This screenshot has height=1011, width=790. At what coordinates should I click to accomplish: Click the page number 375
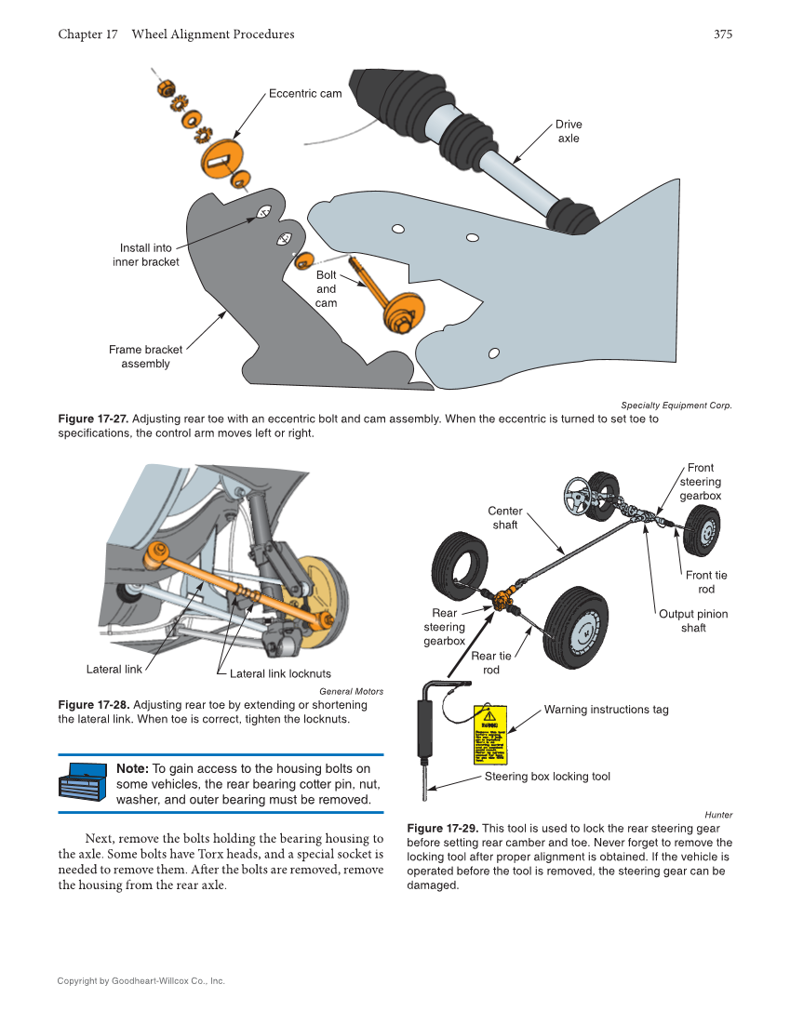723,34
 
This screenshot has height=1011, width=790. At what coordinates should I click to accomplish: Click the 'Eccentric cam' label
305,94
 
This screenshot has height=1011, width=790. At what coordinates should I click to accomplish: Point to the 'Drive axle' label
569,131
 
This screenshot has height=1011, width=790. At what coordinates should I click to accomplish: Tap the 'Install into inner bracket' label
146,255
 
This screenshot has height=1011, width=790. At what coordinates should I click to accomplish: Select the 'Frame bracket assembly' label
145,357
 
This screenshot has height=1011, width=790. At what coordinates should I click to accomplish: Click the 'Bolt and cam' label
326,289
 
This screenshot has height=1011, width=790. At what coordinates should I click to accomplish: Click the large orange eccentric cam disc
221,159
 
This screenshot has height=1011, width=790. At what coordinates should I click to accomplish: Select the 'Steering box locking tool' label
547,777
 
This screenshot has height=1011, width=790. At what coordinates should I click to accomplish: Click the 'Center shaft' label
505,518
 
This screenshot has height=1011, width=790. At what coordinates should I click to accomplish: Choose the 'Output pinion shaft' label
693,621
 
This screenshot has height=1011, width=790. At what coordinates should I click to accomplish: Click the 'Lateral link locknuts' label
280,673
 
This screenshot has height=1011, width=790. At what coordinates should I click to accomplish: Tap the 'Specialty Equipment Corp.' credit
676,405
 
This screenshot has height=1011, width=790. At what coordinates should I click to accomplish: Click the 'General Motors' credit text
351,691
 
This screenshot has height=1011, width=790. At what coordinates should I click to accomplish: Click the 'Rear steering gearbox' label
444,627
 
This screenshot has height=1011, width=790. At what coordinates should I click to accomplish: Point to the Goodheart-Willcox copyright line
141,980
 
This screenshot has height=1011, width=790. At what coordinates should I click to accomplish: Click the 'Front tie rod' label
706,582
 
